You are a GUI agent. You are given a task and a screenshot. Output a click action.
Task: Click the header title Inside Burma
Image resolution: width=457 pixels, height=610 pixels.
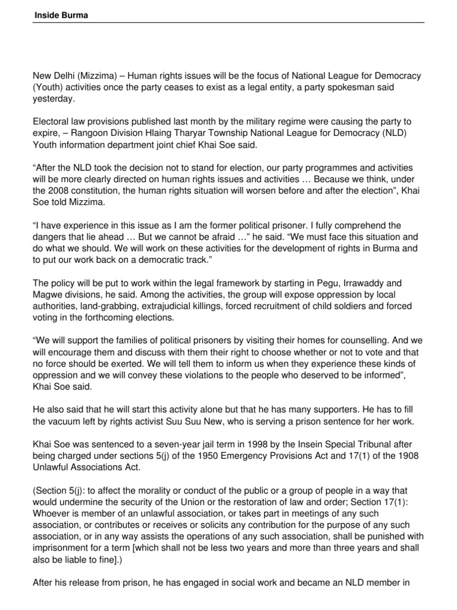click(x=60, y=15)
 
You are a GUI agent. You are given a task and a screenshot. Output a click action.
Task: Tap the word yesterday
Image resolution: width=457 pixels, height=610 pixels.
click(x=54, y=99)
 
